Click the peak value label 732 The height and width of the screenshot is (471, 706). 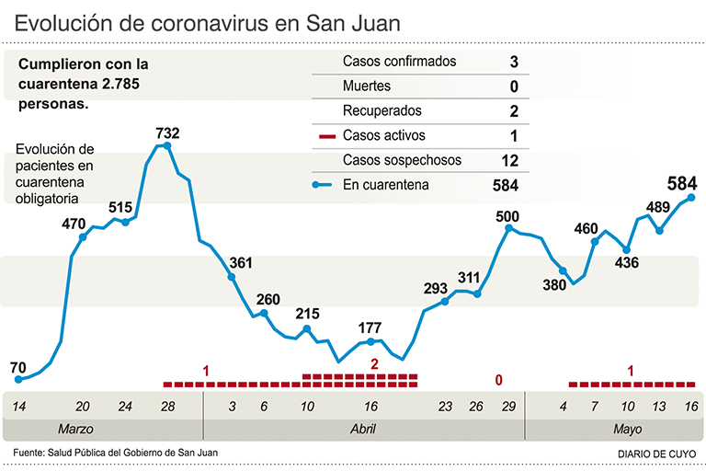(167, 133)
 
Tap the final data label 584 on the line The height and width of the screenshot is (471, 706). (683, 181)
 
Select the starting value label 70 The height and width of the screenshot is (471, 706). (18, 368)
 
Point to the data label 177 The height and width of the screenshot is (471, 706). (370, 328)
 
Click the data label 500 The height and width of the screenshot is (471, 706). (507, 217)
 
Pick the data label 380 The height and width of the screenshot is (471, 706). (554, 284)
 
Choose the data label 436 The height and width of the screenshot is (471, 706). (627, 262)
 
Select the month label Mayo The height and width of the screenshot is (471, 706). (628, 430)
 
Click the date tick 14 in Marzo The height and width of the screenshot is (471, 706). (18, 406)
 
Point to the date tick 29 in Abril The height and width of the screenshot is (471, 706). (507, 406)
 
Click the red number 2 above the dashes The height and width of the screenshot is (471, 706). (374, 364)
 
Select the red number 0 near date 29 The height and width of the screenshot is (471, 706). (499, 379)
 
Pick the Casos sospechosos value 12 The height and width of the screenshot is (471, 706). (512, 160)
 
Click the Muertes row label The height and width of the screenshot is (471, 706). (367, 86)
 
